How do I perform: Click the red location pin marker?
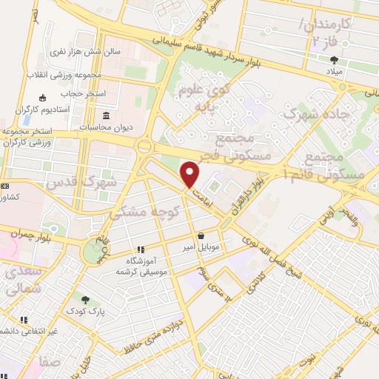pyautogui.click(x=190, y=174)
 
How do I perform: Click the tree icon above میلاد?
pyautogui.click(x=335, y=61)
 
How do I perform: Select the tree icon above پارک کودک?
pyautogui.click(x=86, y=300)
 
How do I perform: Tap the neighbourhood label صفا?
pyautogui.click(x=51, y=363)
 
